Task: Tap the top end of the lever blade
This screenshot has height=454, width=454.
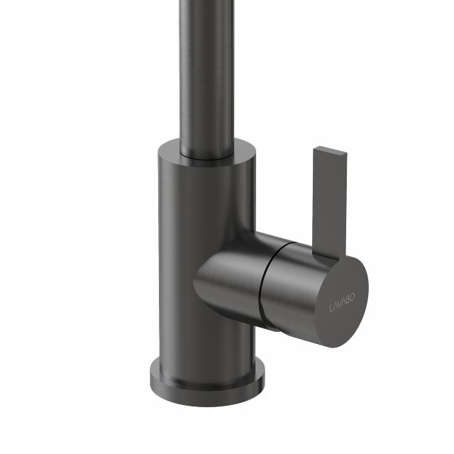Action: tap(331, 151)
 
